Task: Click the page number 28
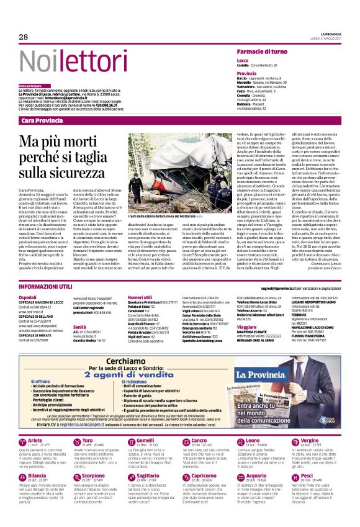24,37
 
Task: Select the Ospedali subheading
27,298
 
